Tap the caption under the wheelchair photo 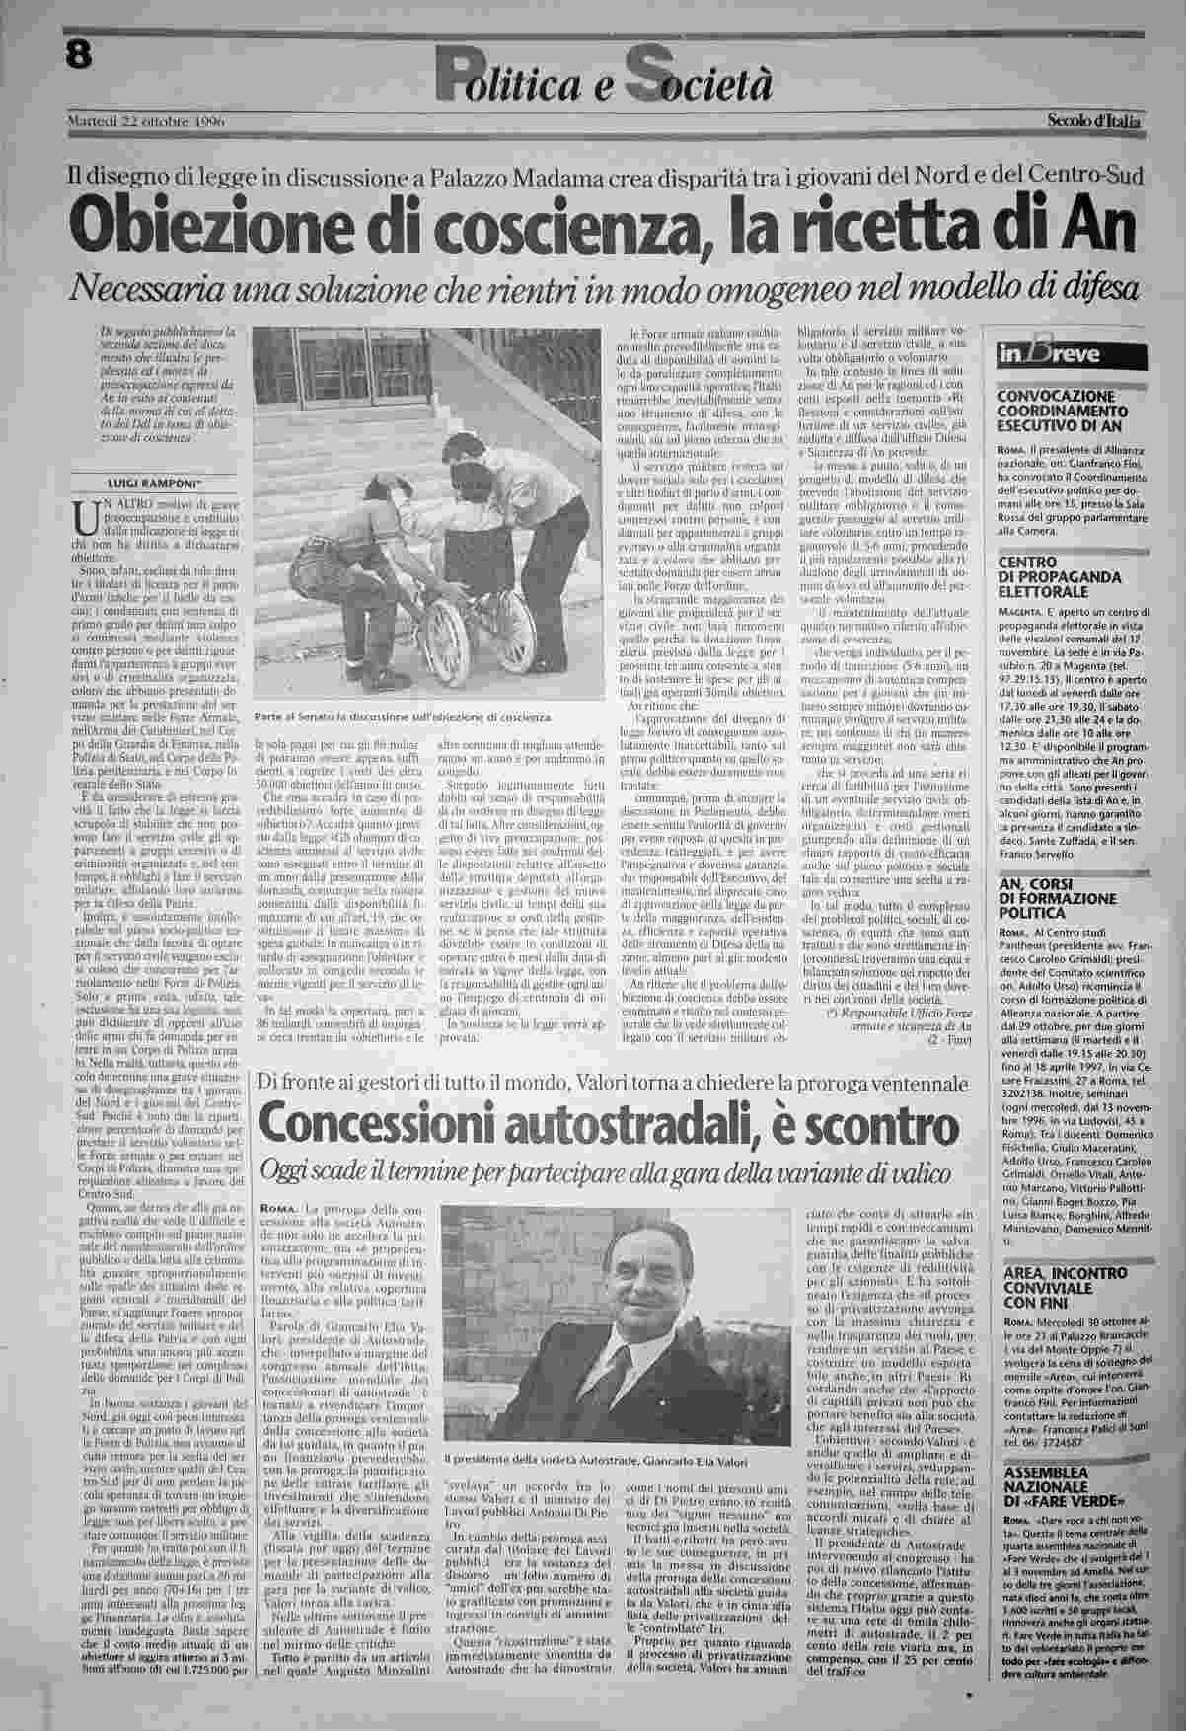tap(400, 717)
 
